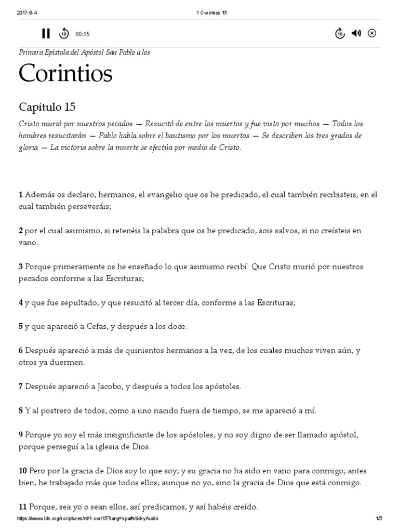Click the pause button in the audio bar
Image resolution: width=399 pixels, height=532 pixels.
pos(46,34)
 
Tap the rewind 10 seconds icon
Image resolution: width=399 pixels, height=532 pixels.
pos(63,34)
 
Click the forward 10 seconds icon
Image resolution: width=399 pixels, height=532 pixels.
pos(339,34)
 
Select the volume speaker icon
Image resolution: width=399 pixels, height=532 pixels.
pos(356,34)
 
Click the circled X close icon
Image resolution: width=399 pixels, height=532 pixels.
pos(372,34)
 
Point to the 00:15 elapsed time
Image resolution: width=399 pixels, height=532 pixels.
pos(83,34)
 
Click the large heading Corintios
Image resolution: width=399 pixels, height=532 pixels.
pos(65,74)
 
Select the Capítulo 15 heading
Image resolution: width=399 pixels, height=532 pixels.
pos(47,108)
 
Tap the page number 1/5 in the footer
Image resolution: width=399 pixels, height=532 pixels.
pos(379,518)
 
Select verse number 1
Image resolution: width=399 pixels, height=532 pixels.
pos(21,195)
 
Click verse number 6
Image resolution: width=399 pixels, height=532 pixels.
pos(21,351)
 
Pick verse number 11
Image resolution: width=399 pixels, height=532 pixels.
pos(23,507)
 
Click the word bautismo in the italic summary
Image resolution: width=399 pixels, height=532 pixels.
pos(222,136)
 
